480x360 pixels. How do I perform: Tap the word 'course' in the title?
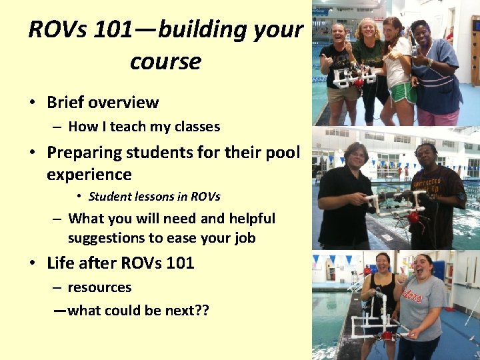coord(165,62)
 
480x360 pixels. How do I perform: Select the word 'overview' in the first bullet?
coord(124,103)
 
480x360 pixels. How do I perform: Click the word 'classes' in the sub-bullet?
coord(197,127)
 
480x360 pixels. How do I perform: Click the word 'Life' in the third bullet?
coord(61,263)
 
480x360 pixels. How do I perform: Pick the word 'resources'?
coord(100,288)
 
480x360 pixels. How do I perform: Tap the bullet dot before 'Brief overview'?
coord(32,103)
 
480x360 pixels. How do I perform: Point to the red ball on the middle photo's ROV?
coord(413,217)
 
